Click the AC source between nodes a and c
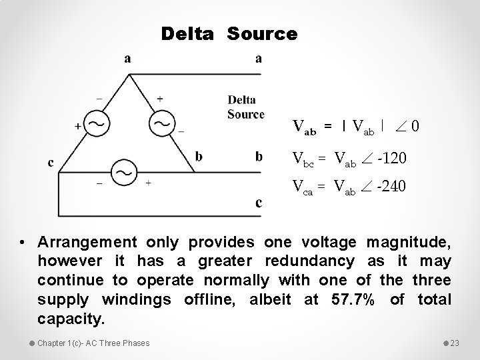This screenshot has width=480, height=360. (x=98, y=124)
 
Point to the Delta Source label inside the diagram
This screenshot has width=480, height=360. (x=246, y=107)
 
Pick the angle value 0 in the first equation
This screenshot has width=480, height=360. (x=415, y=125)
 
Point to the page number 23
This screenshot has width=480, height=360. (x=455, y=343)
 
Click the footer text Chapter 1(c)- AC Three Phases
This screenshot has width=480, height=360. (x=93, y=343)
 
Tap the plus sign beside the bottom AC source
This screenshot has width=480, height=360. (x=148, y=183)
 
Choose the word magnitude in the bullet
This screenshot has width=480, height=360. (x=410, y=241)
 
